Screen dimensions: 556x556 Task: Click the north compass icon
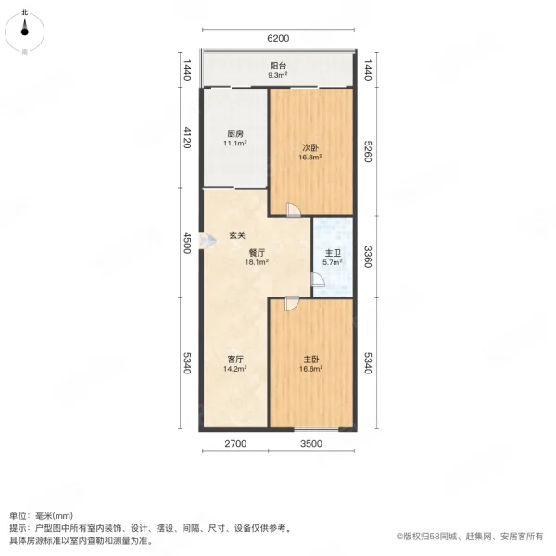pyautogui.click(x=27, y=32)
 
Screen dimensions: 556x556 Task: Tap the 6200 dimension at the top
pyautogui.click(x=278, y=38)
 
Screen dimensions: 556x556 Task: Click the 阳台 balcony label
pyautogui.click(x=277, y=67)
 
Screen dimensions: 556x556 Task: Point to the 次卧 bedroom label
pyautogui.click(x=310, y=146)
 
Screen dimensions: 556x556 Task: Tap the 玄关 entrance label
pyautogui.click(x=238, y=234)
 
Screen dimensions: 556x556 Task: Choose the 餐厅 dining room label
pyautogui.click(x=257, y=251)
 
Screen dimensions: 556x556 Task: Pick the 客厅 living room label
pyautogui.click(x=235, y=359)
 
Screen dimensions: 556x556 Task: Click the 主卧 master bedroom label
pyautogui.click(x=310, y=358)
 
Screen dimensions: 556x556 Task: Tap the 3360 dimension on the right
pyautogui.click(x=369, y=255)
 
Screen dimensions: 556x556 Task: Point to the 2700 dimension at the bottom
pyautogui.click(x=235, y=444)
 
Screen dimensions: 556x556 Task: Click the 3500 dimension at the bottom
pyautogui.click(x=310, y=444)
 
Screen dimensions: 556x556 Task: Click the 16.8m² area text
pyautogui.click(x=310, y=158)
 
